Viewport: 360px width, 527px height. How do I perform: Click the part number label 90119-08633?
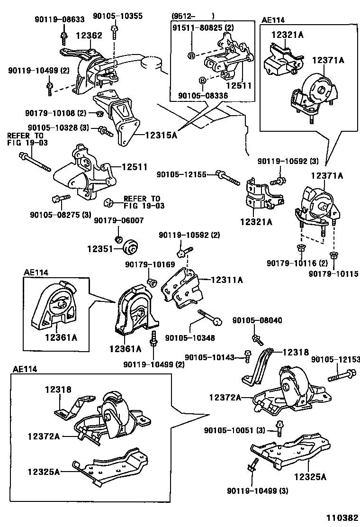tap(59, 19)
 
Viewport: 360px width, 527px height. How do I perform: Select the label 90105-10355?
tap(117, 16)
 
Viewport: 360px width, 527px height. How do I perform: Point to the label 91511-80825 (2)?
tap(203, 28)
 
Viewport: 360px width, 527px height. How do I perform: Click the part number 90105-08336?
tap(203, 96)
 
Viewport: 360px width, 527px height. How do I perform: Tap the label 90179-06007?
tap(118, 220)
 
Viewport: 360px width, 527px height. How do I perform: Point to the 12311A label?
tap(226, 280)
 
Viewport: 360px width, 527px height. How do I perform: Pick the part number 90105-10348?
tap(189, 337)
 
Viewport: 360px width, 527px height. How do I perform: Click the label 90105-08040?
tap(257, 320)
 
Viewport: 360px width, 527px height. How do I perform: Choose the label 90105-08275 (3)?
tap(60, 214)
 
